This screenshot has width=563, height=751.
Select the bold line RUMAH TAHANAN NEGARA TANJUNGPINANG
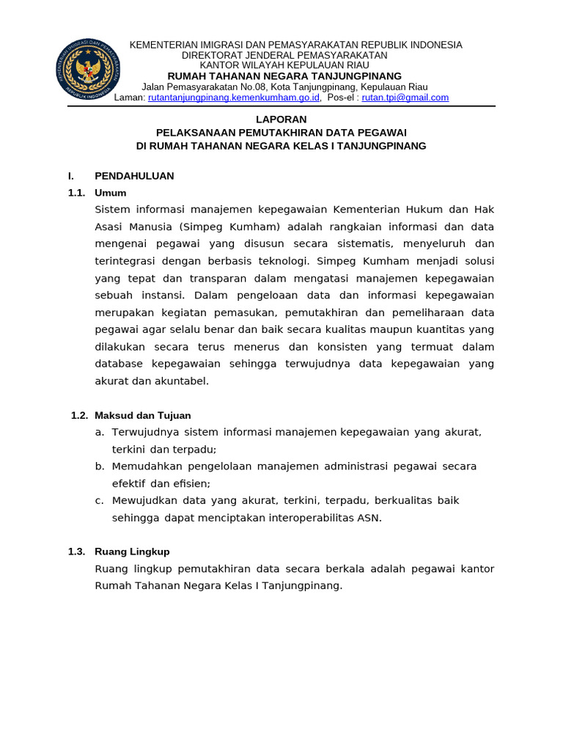(x=284, y=76)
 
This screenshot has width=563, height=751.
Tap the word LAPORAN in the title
(x=281, y=119)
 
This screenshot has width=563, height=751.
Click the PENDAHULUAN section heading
(x=134, y=176)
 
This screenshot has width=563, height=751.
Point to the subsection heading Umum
(x=111, y=193)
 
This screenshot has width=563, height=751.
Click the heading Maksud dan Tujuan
(x=142, y=415)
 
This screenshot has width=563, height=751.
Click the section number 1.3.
(x=76, y=552)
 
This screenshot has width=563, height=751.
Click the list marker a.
(x=99, y=433)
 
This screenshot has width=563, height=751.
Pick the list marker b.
(x=99, y=466)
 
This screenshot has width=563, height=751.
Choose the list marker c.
(x=99, y=500)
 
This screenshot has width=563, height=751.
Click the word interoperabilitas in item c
(x=293, y=518)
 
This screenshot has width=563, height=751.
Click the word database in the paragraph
(x=120, y=364)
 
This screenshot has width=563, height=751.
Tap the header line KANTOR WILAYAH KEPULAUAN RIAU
(x=284, y=65)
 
